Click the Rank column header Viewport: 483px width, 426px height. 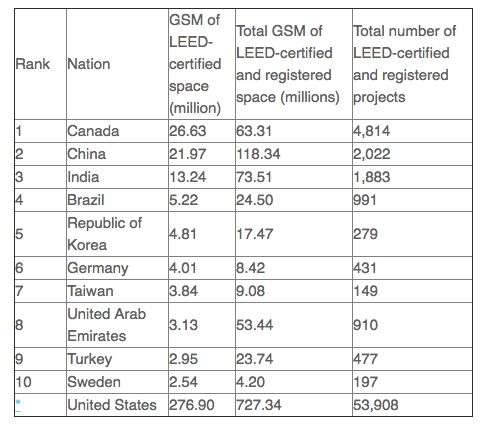pyautogui.click(x=33, y=64)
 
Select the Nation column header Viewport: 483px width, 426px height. pyautogui.click(x=89, y=64)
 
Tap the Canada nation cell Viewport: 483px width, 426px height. pyautogui.click(x=93, y=131)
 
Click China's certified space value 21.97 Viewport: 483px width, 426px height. pyautogui.click(x=188, y=154)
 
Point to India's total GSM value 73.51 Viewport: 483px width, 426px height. pyautogui.click(x=254, y=177)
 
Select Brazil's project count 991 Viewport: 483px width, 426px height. pyautogui.click(x=365, y=200)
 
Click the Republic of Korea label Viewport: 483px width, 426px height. pyautogui.click(x=105, y=234)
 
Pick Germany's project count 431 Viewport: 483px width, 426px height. pyautogui.click(x=365, y=268)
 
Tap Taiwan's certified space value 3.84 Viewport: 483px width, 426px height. pyautogui.click(x=183, y=291)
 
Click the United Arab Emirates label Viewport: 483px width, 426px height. pyautogui.click(x=107, y=325)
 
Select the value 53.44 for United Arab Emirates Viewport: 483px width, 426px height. pyautogui.click(x=255, y=325)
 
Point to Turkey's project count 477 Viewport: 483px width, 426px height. pyautogui.click(x=366, y=359)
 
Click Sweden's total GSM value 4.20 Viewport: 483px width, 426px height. pyautogui.click(x=251, y=382)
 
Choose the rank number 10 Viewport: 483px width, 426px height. pyautogui.click(x=24, y=382)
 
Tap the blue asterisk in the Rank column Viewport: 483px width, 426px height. pyautogui.click(x=18, y=403)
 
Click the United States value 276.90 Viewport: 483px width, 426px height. pyautogui.click(x=192, y=405)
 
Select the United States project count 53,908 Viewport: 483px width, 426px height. pyautogui.click(x=376, y=405)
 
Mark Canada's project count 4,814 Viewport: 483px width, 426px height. pyautogui.click(x=372, y=131)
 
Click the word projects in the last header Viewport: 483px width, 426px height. pyautogui.click(x=379, y=98)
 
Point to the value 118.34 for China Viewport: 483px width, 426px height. pyautogui.click(x=258, y=154)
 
